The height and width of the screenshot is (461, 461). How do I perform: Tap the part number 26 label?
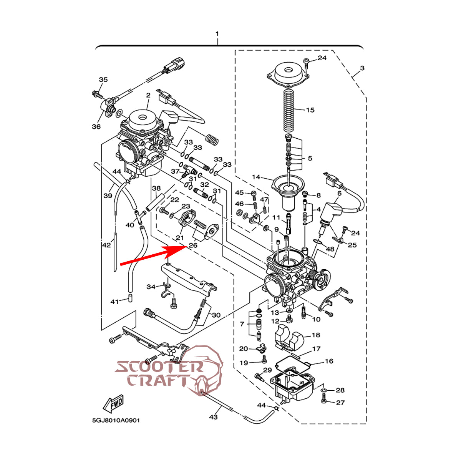point(193,245)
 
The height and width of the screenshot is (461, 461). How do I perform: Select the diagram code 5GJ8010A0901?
point(116,420)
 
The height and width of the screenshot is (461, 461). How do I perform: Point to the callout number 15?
point(310,110)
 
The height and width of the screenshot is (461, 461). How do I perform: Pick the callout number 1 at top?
point(217,34)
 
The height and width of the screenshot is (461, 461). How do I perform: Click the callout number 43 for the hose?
point(213,417)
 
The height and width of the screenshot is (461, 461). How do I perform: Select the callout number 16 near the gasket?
point(329,361)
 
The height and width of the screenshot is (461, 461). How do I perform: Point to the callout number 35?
point(103,80)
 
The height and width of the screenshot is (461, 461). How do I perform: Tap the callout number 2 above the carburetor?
point(148,95)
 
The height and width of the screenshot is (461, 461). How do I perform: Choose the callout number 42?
point(106,245)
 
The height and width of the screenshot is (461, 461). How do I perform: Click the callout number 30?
point(216,315)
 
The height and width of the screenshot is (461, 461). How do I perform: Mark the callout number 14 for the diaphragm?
point(256,177)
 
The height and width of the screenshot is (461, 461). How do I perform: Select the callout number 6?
point(340,193)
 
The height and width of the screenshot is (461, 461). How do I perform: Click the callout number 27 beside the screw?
point(340,403)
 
